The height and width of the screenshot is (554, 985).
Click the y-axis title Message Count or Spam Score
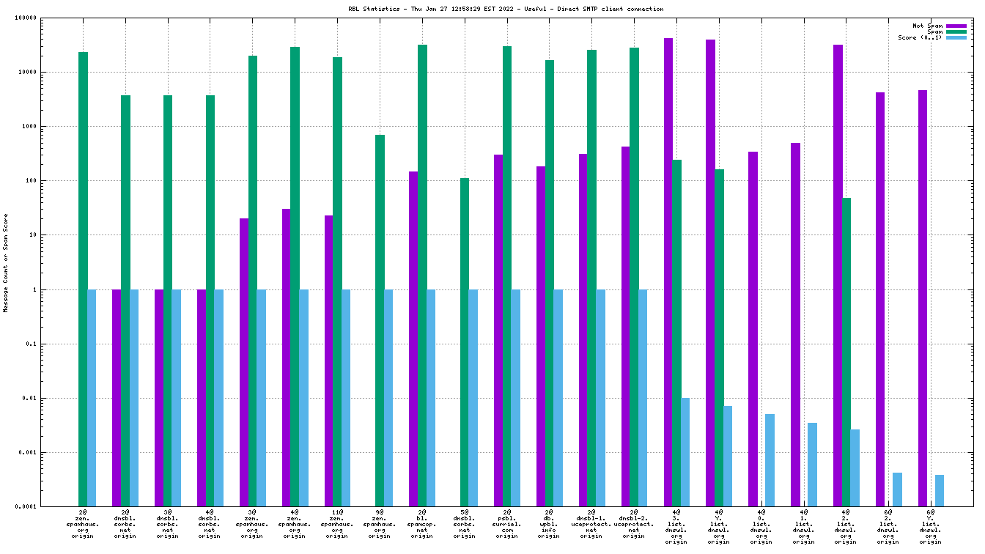pyautogui.click(x=6, y=262)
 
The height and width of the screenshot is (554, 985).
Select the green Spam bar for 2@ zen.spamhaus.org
pyautogui.click(x=83, y=278)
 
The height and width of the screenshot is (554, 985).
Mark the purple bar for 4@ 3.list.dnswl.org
pyautogui.click(x=668, y=272)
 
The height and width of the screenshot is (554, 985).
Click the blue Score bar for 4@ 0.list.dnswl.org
pyautogui.click(x=770, y=460)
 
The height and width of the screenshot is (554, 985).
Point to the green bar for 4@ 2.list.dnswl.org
pyautogui.click(x=846, y=352)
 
